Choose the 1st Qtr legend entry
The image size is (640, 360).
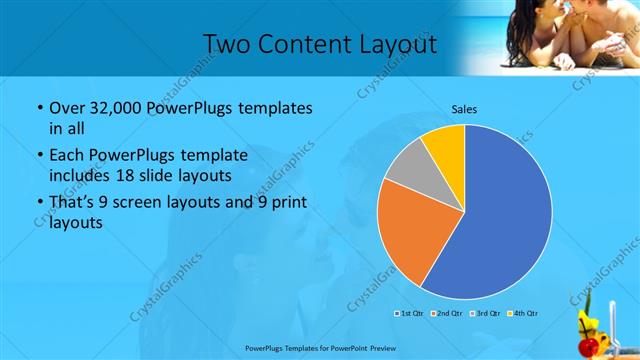[x=409, y=314]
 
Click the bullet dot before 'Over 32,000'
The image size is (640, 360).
[x=39, y=108]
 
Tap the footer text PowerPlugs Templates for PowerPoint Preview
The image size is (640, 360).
[x=319, y=349]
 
